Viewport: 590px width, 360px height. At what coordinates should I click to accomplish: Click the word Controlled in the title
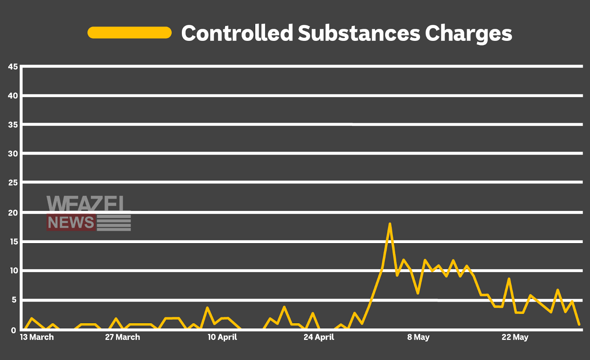pyautogui.click(x=237, y=33)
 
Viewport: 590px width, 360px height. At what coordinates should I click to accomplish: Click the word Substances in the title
pyautogui.click(x=359, y=33)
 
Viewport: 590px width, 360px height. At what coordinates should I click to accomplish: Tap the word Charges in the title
pyautogui.click(x=468, y=34)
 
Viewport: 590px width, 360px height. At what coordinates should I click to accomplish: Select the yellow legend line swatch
pyautogui.click(x=129, y=33)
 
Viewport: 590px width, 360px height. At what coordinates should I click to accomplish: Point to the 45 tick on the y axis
pyautogui.click(x=13, y=67)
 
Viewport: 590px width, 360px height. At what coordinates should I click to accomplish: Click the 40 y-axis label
pyautogui.click(x=13, y=96)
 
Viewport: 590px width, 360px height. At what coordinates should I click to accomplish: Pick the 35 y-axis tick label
pyautogui.click(x=13, y=125)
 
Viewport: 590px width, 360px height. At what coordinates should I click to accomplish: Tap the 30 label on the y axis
pyautogui.click(x=13, y=154)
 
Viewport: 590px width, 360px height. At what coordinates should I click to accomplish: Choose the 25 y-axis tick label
pyautogui.click(x=13, y=183)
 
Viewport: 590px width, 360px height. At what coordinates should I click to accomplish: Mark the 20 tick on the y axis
pyautogui.click(x=13, y=213)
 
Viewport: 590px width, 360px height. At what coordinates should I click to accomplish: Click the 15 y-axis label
pyautogui.click(x=14, y=242)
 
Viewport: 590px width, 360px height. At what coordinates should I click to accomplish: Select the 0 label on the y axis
pyautogui.click(x=14, y=330)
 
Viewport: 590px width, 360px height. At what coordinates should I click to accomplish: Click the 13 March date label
pyautogui.click(x=37, y=337)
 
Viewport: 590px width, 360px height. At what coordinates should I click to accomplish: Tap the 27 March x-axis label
pyautogui.click(x=122, y=337)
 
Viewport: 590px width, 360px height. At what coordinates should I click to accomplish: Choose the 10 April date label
pyautogui.click(x=222, y=337)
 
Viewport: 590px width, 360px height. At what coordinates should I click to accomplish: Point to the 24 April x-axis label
pyautogui.click(x=319, y=337)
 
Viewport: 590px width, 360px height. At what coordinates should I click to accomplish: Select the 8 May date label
pyautogui.click(x=418, y=337)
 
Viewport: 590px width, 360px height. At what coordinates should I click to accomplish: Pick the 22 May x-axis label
pyautogui.click(x=515, y=337)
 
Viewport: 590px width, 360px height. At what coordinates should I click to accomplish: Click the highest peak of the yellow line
pyautogui.click(x=390, y=224)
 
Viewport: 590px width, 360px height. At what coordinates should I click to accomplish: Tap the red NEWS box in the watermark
pyautogui.click(x=71, y=223)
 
